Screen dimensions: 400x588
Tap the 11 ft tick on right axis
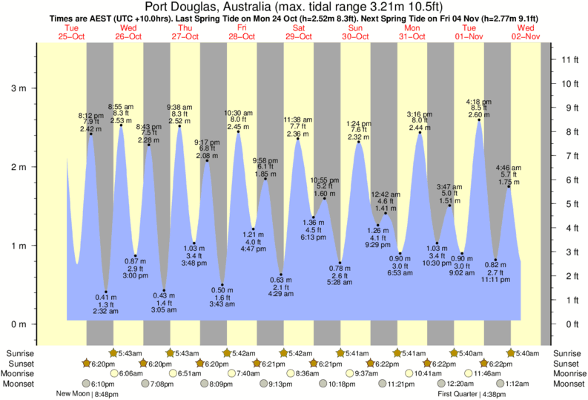click(x=569, y=59)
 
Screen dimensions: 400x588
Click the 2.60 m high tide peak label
click(x=478, y=115)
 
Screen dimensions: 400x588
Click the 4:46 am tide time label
click(x=509, y=167)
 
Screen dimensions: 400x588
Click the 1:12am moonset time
click(x=517, y=384)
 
